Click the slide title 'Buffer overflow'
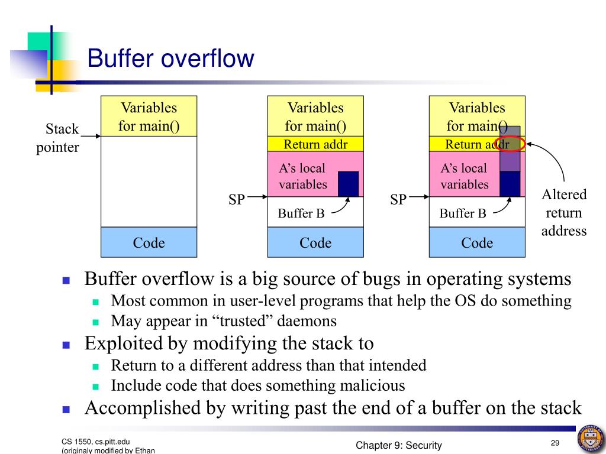tap(170, 60)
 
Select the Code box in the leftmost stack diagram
tap(149, 242)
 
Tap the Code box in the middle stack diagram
tap(315, 242)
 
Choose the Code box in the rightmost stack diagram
tap(477, 242)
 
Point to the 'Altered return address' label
tap(563, 213)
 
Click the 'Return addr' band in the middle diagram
tap(315, 144)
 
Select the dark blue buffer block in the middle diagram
tap(349, 183)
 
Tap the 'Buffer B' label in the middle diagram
tap(301, 213)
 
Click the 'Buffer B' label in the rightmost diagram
tap(463, 213)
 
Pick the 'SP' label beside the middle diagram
tap(237, 200)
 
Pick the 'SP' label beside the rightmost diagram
tap(398, 200)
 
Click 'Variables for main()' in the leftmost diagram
tap(149, 116)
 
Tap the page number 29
tap(555, 444)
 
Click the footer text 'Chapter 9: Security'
tap(399, 446)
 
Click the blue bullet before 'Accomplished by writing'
tap(66, 409)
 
